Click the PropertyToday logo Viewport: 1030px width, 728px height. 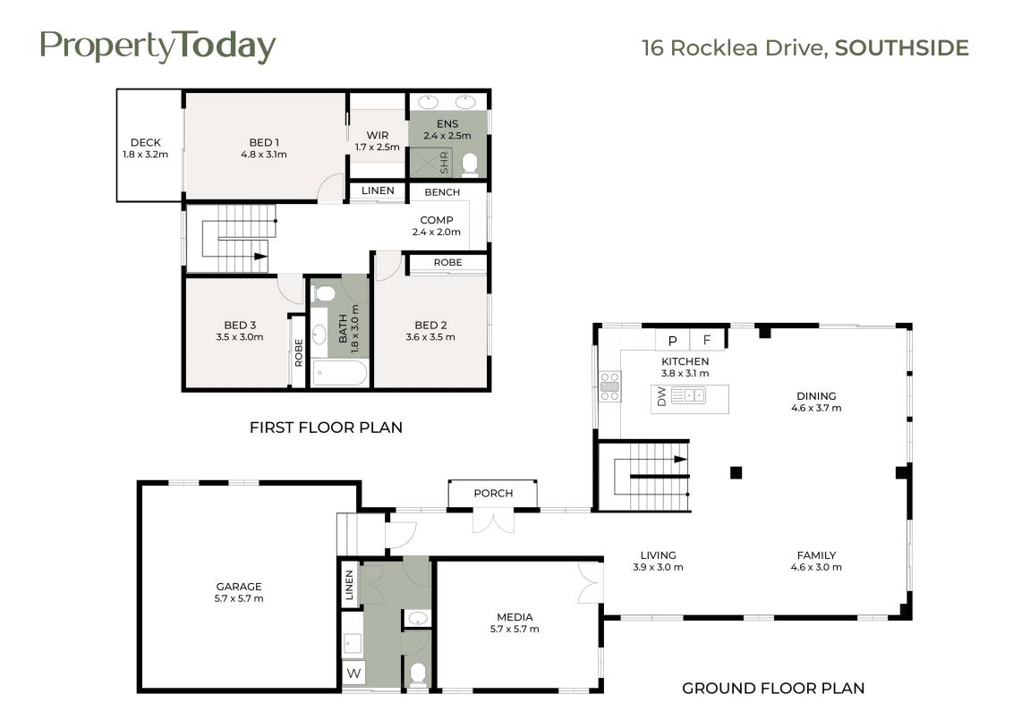(157, 47)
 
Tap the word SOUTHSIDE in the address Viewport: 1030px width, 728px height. (901, 48)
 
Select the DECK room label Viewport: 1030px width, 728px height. (145, 142)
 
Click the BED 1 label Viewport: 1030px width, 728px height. (263, 142)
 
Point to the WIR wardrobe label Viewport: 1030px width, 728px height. (377, 135)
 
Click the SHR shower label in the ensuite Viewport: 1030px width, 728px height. (443, 163)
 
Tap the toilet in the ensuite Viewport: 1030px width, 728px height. (470, 165)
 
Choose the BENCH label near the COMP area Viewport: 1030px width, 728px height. (442, 192)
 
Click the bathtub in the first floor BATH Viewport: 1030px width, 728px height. (339, 373)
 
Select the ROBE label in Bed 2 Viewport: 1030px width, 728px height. (448, 263)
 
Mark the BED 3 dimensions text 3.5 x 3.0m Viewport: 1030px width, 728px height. (240, 337)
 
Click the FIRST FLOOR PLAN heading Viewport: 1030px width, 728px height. (326, 427)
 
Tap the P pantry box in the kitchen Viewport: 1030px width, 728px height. (672, 340)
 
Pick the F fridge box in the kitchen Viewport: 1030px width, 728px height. (708, 340)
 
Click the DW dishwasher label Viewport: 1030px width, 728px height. (661, 396)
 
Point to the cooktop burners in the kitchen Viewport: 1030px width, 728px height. (609, 386)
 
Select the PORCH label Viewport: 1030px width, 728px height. (493, 493)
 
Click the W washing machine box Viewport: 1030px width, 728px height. (353, 673)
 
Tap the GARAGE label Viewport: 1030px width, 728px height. (239, 587)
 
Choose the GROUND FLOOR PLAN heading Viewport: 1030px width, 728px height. (773, 688)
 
